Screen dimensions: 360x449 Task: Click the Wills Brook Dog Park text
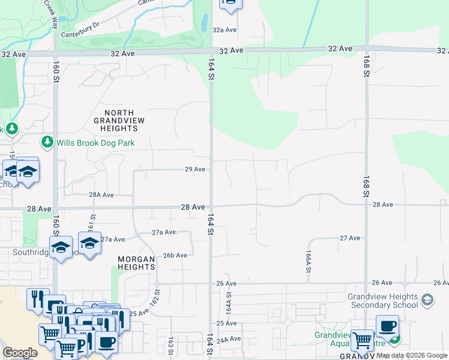[x=95, y=143]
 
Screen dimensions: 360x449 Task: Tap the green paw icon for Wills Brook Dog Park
[x=47, y=142]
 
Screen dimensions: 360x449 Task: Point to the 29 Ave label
[x=196, y=170]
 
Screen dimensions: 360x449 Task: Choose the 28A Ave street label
[x=101, y=195]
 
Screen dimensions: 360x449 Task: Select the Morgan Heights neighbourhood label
[x=136, y=263]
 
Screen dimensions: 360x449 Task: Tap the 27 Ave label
[x=349, y=238]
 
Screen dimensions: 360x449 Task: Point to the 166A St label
[x=309, y=262]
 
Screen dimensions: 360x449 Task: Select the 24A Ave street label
[x=228, y=340]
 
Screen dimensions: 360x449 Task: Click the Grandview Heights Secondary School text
[x=382, y=301]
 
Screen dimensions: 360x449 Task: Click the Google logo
[x=20, y=353]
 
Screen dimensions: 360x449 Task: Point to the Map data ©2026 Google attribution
[x=412, y=355]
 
